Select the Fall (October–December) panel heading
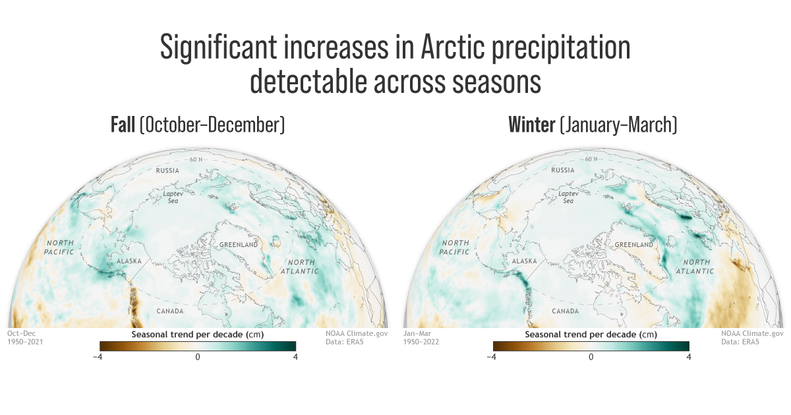198,125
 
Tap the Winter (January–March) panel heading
593,125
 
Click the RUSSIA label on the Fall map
167,171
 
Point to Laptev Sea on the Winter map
568,197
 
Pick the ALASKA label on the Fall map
129,262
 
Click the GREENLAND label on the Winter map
634,244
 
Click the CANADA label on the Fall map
169,310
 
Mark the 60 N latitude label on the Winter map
591,159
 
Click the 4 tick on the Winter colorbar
689,357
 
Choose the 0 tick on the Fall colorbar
197,357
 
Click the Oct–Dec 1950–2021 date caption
25,337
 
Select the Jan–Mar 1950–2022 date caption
421,337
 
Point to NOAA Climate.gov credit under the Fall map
357,333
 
